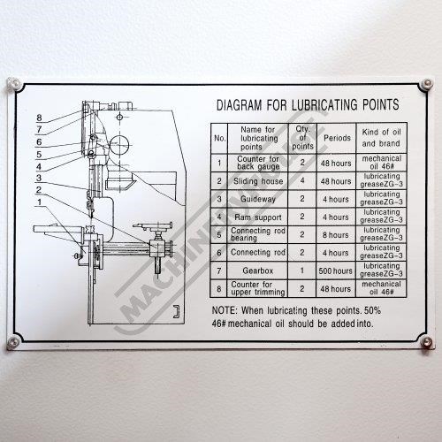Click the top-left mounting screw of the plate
click(x=13, y=85)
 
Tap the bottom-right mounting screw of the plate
click(x=426, y=342)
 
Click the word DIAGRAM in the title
click(x=239, y=105)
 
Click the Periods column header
click(x=337, y=138)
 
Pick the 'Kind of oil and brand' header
click(x=381, y=138)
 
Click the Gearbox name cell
click(x=258, y=271)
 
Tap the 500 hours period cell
click(x=336, y=271)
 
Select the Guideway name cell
click(x=258, y=199)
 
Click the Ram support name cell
click(x=258, y=217)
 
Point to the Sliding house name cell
click(x=258, y=181)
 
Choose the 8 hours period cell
click(x=336, y=235)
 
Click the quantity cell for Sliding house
click(x=302, y=180)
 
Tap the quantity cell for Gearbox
click(x=302, y=271)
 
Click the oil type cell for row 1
click(x=382, y=163)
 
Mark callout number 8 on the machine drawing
click(x=39, y=118)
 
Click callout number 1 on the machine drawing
click(x=40, y=202)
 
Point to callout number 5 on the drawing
click(x=39, y=154)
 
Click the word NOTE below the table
click(x=225, y=310)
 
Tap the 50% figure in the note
click(x=372, y=310)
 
